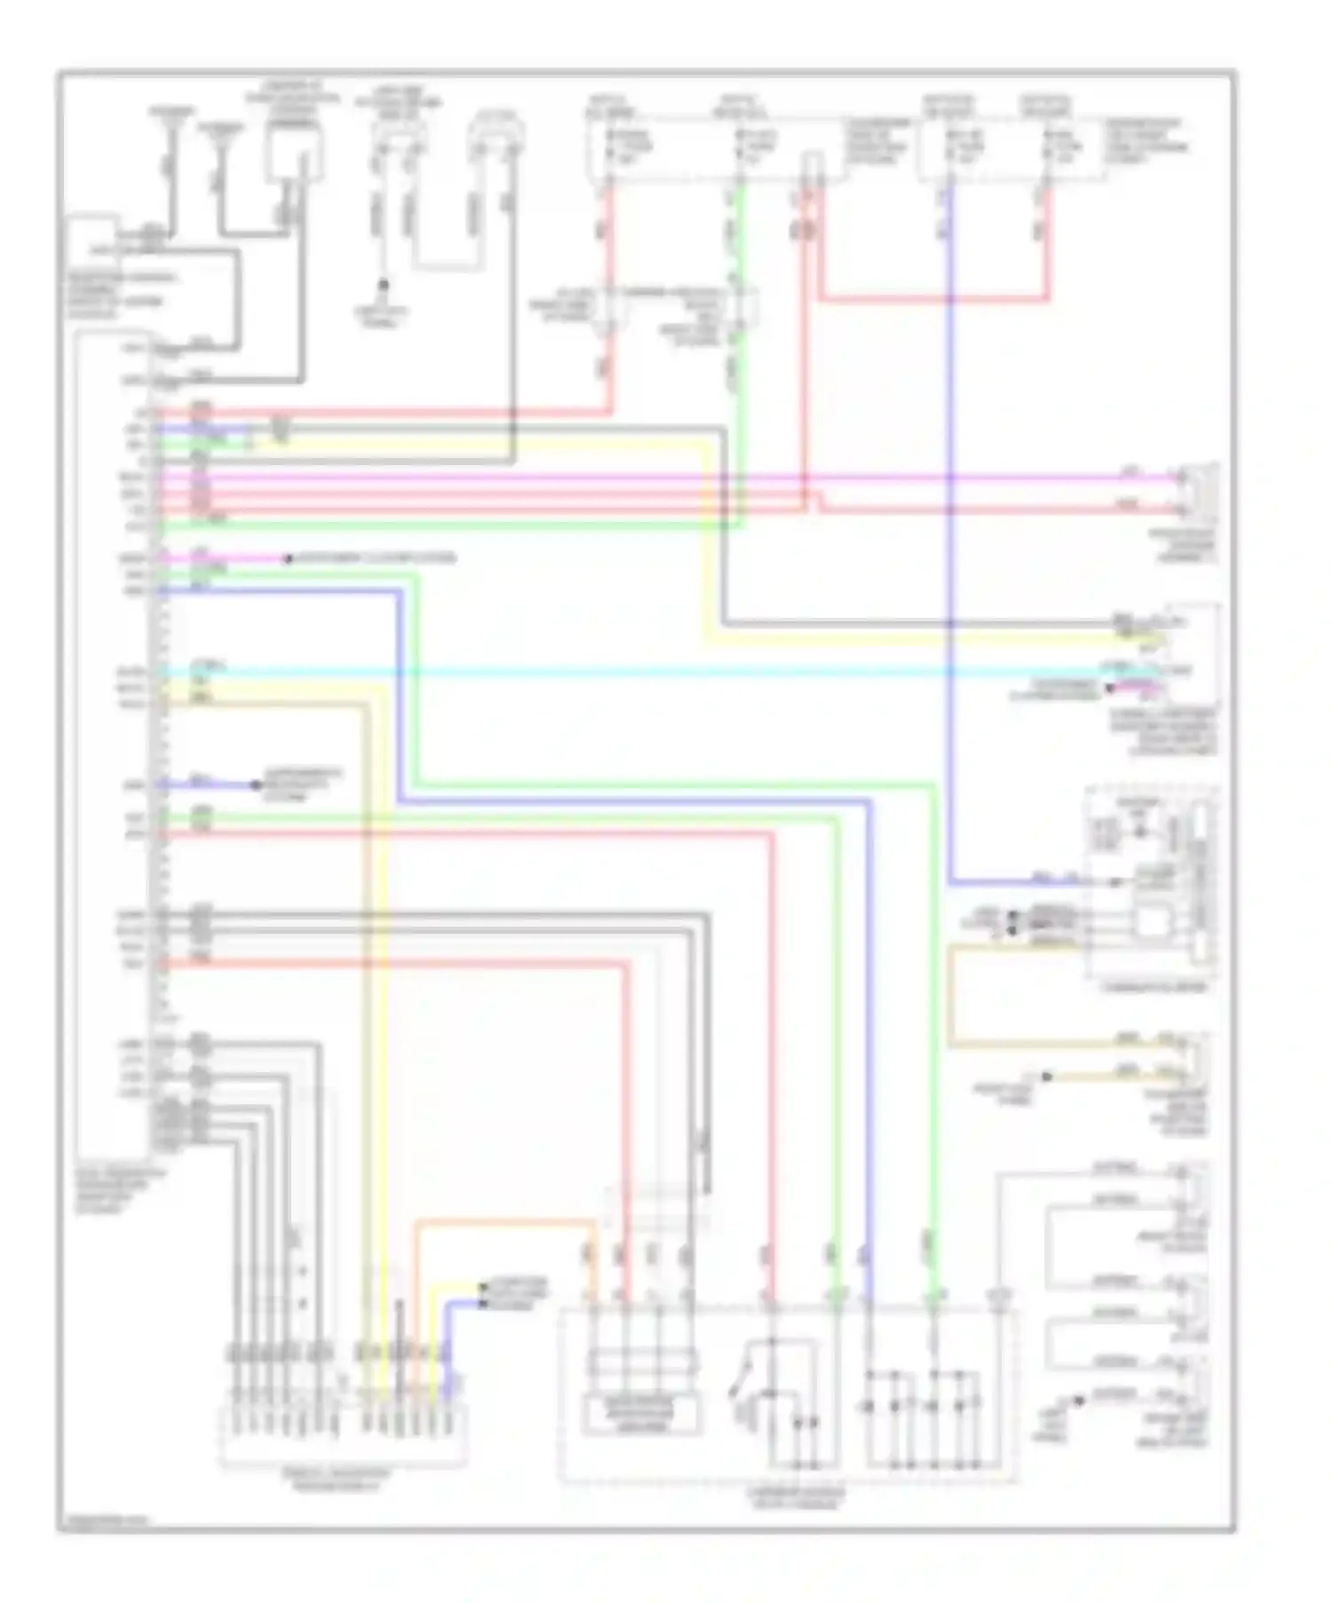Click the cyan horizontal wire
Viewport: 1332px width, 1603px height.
(x=622, y=672)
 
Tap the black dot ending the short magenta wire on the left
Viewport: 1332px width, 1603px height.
(x=288, y=558)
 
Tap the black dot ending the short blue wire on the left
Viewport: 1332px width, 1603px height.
(x=257, y=785)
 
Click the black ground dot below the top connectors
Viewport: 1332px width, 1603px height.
(x=384, y=285)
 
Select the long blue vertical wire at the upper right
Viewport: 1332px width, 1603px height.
(x=950, y=533)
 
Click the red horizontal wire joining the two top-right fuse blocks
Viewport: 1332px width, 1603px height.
(x=932, y=299)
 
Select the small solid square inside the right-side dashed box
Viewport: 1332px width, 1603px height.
(x=1152, y=923)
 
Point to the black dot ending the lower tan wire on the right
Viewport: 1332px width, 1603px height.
(x=1047, y=1076)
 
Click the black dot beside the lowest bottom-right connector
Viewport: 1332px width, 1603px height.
(x=1079, y=1400)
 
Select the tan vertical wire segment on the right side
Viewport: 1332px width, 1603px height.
(x=950, y=994)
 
